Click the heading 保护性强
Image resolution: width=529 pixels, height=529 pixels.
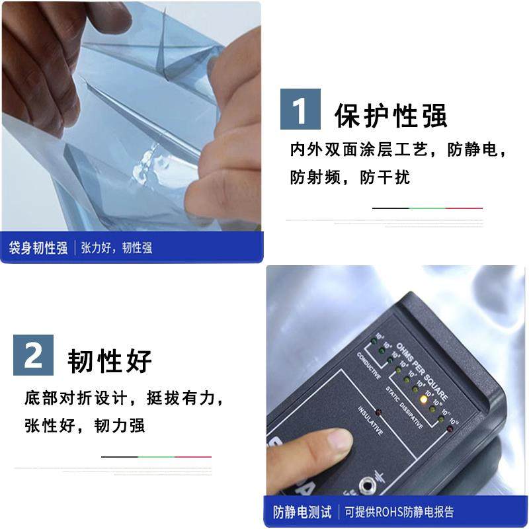click(391, 115)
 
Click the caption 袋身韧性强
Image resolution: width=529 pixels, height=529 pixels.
click(38, 249)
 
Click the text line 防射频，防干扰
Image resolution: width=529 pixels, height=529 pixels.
click(350, 177)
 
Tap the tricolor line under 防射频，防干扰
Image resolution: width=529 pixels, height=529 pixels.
click(427, 208)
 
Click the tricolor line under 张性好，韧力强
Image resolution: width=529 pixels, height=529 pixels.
click(156, 457)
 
